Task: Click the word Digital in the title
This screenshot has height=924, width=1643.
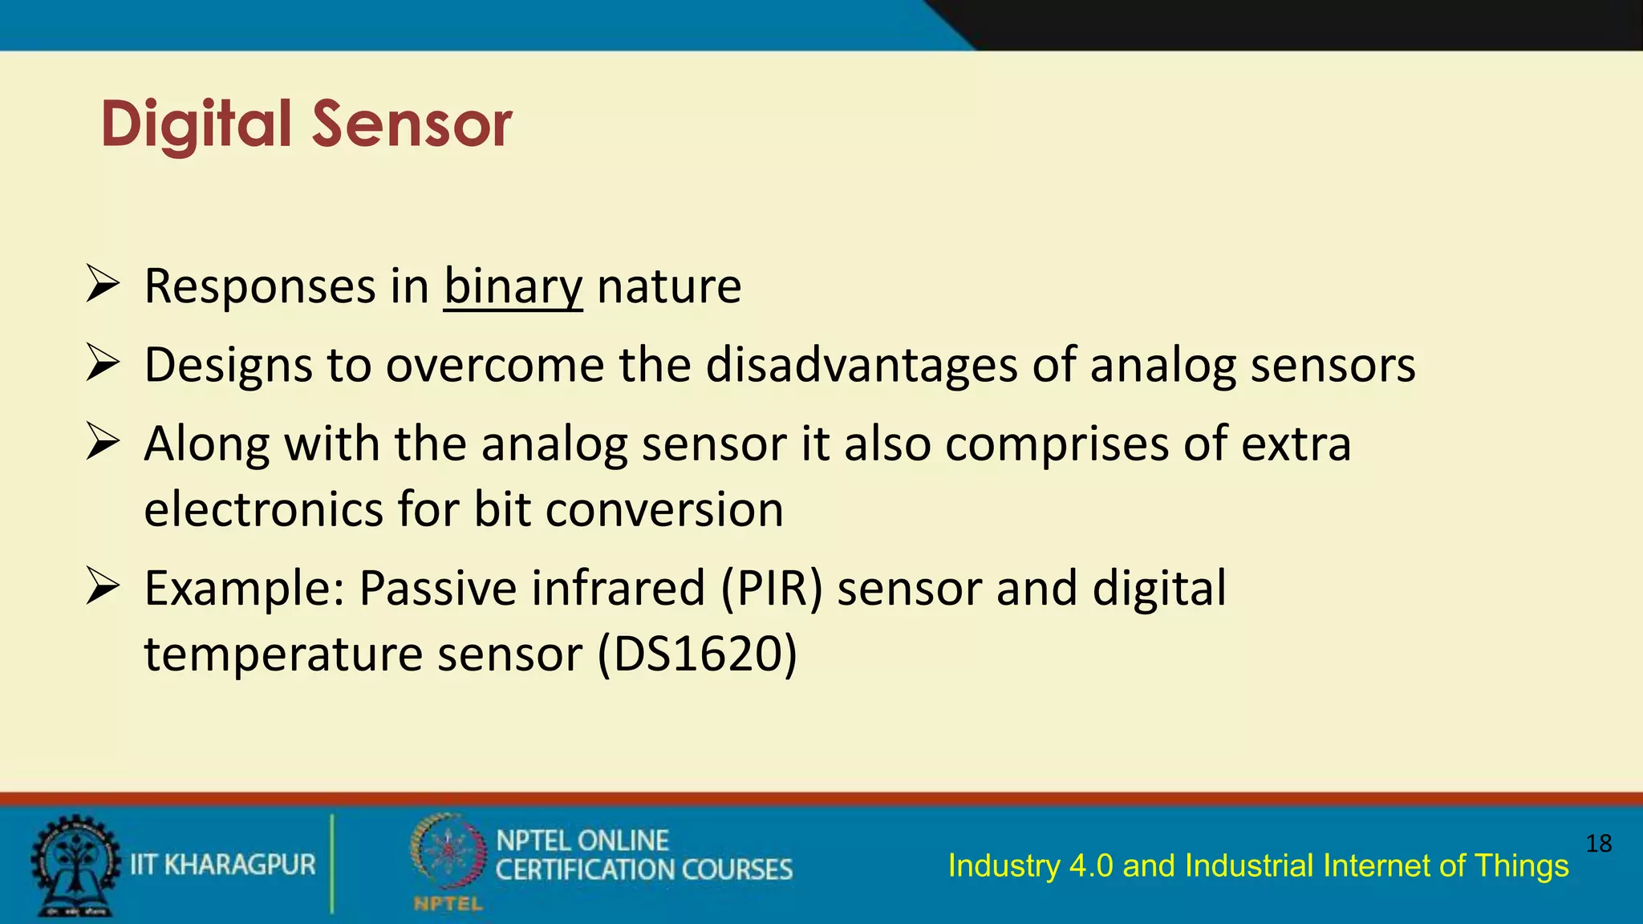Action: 196,125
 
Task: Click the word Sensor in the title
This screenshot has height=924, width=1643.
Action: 412,125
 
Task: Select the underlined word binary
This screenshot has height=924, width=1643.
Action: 513,287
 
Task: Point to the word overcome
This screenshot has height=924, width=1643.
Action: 495,366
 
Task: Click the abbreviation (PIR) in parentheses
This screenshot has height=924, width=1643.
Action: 772,589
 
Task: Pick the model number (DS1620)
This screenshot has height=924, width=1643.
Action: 697,654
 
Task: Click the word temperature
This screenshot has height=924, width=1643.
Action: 282,654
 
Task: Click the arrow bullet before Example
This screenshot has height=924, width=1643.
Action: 103,587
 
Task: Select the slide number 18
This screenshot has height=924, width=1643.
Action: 1598,844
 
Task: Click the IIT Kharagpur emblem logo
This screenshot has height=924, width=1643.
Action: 74,865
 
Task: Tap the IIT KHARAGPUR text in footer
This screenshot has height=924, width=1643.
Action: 223,865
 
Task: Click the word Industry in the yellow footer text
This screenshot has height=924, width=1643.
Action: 1003,866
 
